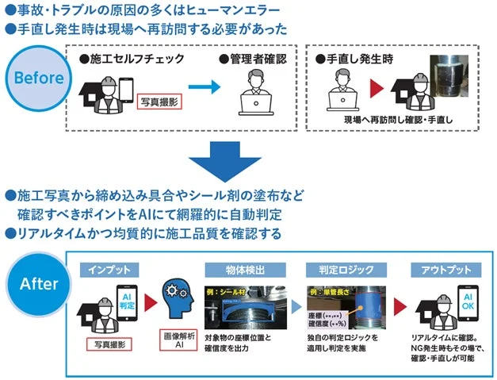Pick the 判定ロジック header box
pyautogui.click(x=342, y=271)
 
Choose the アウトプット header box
pyautogui.click(x=447, y=271)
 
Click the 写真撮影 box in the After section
pyautogui.click(x=109, y=344)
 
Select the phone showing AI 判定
pyautogui.click(x=128, y=297)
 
